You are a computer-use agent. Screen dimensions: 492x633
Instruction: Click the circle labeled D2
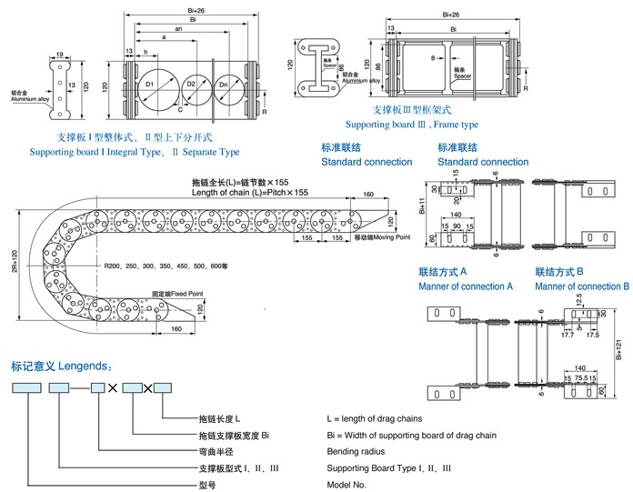tap(192, 85)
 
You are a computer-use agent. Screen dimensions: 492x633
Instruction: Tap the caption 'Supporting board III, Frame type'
tap(412, 124)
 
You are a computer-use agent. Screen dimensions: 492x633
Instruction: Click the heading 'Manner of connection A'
tap(466, 286)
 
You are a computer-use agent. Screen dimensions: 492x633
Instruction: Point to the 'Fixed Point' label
tap(173, 293)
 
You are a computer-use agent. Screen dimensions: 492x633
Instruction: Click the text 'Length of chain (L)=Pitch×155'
tap(250, 192)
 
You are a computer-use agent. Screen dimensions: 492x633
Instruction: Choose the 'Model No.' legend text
tap(347, 484)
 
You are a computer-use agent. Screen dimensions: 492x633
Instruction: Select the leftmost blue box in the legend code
tap(28, 388)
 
